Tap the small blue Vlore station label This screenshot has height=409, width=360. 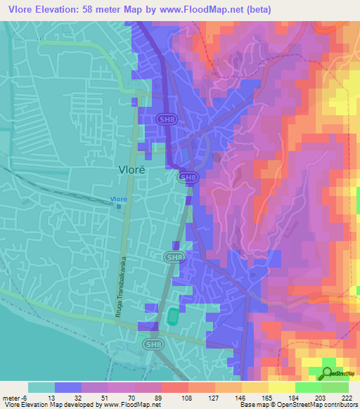coord(118,199)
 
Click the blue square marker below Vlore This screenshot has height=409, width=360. coord(118,207)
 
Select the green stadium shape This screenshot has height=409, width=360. coord(172,317)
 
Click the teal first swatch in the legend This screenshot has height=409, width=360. coord(41,387)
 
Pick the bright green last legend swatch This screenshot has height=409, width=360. coord(335,387)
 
